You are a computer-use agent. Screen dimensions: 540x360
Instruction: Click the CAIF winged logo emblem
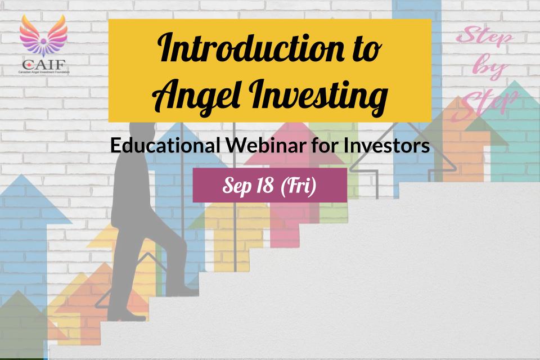click(x=43, y=36)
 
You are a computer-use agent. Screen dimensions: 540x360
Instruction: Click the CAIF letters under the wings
click(x=44, y=65)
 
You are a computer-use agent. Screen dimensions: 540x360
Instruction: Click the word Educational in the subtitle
click(x=165, y=145)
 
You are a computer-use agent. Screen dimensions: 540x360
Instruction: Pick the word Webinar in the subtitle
click(x=265, y=145)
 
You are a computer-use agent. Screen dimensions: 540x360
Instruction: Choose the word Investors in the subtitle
click(x=386, y=145)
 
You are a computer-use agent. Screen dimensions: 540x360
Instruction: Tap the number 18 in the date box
click(x=265, y=186)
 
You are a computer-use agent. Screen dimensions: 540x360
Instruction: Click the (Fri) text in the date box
click(x=299, y=186)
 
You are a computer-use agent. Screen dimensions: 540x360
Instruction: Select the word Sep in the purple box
click(x=237, y=186)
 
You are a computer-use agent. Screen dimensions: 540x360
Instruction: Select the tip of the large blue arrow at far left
click(x=21, y=175)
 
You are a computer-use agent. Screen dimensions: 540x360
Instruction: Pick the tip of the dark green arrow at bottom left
click(x=18, y=291)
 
